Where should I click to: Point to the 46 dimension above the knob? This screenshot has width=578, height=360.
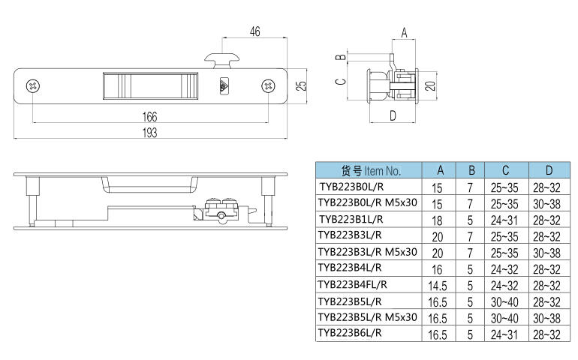tap(254, 31)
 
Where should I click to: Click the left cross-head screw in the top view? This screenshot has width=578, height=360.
tap(33, 86)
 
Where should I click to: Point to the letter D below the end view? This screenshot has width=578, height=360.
tap(393, 115)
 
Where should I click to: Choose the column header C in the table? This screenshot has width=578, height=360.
tap(506, 170)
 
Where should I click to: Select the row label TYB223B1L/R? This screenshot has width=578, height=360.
tap(351, 220)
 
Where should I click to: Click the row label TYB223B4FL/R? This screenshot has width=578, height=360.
tap(353, 284)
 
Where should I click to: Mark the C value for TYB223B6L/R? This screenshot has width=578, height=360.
tap(506, 334)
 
